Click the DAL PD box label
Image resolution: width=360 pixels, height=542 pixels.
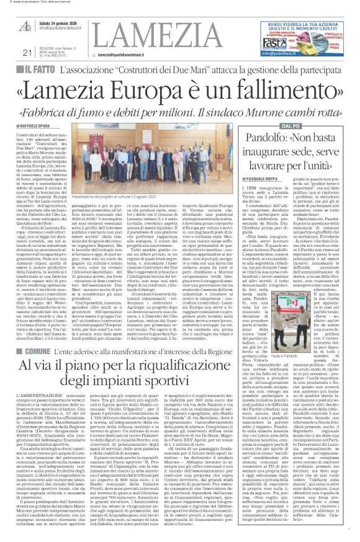coord(286,127)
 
